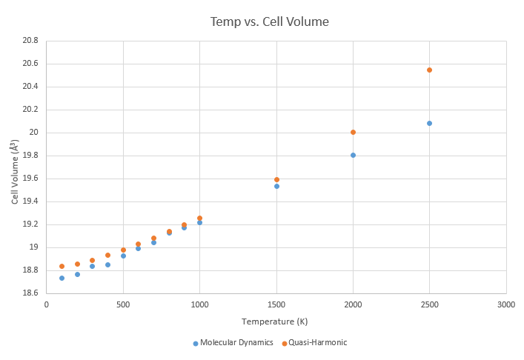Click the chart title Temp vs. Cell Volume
coord(269,21)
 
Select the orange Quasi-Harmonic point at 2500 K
coord(429,70)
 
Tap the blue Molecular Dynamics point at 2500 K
coord(429,123)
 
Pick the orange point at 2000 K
coord(353,132)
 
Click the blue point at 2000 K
coord(353,155)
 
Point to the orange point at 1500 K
coord(276,179)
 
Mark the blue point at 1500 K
coord(276,186)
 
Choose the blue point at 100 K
coord(62,278)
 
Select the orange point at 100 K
coord(62,266)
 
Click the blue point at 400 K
coord(107,264)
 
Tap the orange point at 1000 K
coord(199,218)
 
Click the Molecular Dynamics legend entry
coord(233,342)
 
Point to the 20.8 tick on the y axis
coord(30,41)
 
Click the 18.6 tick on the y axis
coord(30,293)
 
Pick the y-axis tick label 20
coord(34,133)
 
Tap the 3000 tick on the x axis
coord(506,304)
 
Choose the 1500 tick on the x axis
coord(276,304)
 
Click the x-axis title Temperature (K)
coord(276,322)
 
